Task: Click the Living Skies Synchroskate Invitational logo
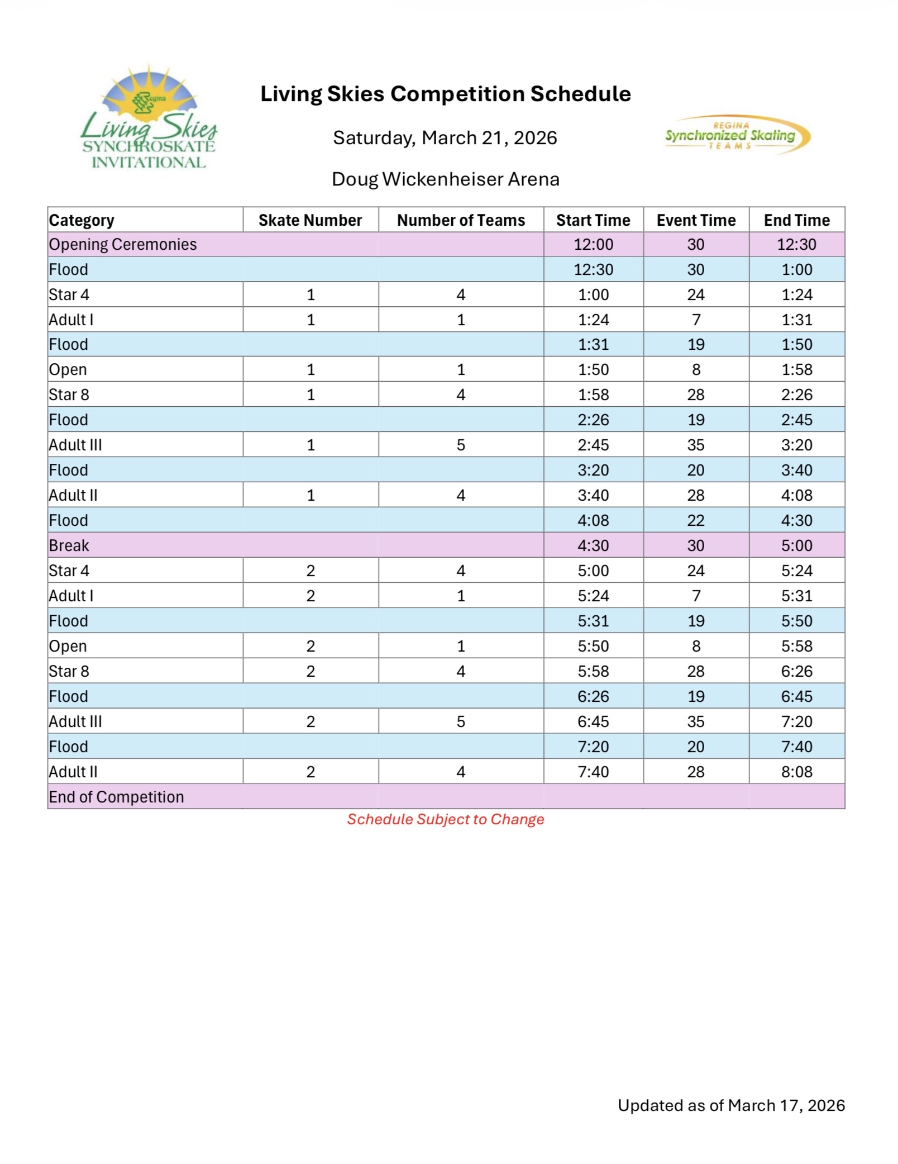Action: tap(149, 117)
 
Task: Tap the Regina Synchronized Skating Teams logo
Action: tap(736, 135)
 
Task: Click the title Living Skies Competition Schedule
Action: tap(446, 94)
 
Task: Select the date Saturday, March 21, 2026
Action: tap(445, 137)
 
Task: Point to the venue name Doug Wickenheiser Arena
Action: tap(445, 179)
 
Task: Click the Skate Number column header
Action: tap(310, 220)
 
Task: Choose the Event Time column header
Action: tap(696, 220)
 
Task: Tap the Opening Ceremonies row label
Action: tap(123, 244)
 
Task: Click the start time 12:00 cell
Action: tap(593, 244)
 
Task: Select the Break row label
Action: tap(69, 545)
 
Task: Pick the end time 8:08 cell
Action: tap(796, 772)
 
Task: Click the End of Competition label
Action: tap(116, 797)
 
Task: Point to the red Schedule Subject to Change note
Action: tap(445, 819)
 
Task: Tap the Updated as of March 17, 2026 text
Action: tap(731, 1105)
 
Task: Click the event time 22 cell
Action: tap(695, 520)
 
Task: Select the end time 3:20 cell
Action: tap(796, 445)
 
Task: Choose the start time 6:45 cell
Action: tap(593, 721)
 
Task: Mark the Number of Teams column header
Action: tap(461, 220)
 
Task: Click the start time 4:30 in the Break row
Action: tap(593, 545)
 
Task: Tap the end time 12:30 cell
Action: tap(796, 244)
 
